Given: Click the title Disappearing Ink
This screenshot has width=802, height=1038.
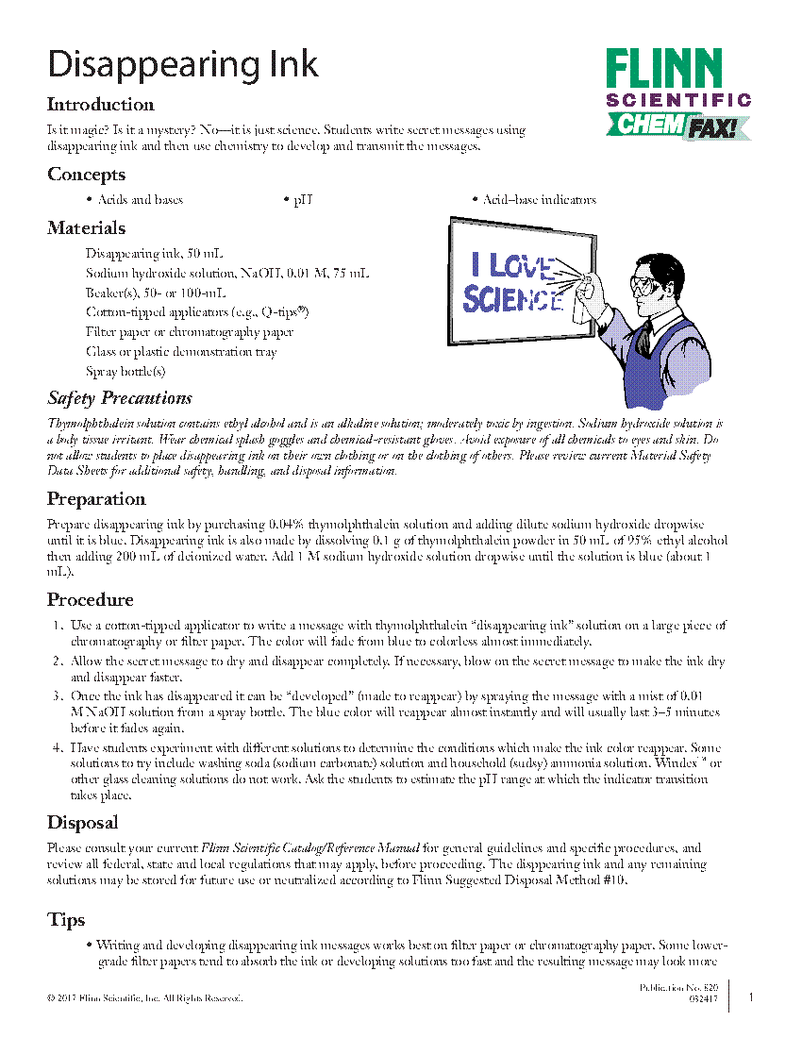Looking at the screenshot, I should click(183, 64).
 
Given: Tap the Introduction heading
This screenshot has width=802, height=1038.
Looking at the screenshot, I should click(101, 105).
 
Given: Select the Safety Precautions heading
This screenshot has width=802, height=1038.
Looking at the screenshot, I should click(120, 397).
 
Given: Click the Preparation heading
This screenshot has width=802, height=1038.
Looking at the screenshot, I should click(96, 499).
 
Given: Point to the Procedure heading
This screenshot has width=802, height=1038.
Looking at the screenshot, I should click(91, 600).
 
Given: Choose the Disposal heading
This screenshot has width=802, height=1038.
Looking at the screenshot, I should click(83, 823).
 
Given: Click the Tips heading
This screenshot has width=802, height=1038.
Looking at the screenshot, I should click(66, 920).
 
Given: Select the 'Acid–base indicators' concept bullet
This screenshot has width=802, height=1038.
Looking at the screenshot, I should click(539, 200).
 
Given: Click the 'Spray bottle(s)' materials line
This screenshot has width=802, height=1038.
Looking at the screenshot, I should click(125, 372).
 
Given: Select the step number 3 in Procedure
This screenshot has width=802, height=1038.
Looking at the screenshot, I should click(57, 695).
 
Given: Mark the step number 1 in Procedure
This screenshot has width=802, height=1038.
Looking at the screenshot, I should click(57, 626).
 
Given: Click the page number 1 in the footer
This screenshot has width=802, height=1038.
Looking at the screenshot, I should click(750, 997).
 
